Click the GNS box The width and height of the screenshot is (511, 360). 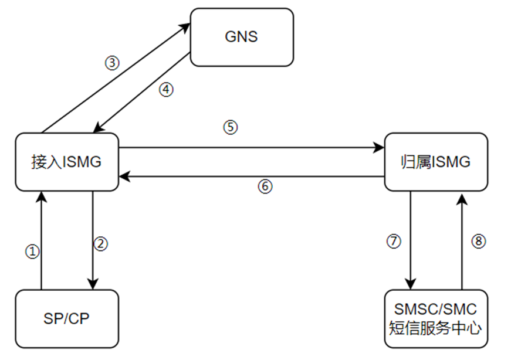241,37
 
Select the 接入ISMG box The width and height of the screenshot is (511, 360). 66,162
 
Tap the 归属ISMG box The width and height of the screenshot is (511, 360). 435,162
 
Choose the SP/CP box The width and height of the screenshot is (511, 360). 66,319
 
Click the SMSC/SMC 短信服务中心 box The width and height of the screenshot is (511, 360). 435,318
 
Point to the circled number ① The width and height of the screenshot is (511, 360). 32,252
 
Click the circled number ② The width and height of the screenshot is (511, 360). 101,244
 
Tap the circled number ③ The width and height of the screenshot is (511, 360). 111,63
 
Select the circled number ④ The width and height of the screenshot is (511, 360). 167,90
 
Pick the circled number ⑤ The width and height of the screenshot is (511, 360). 231,127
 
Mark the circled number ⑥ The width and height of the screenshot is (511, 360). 265,186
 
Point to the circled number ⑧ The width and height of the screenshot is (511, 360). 479,240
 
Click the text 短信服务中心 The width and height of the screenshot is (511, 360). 435,328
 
